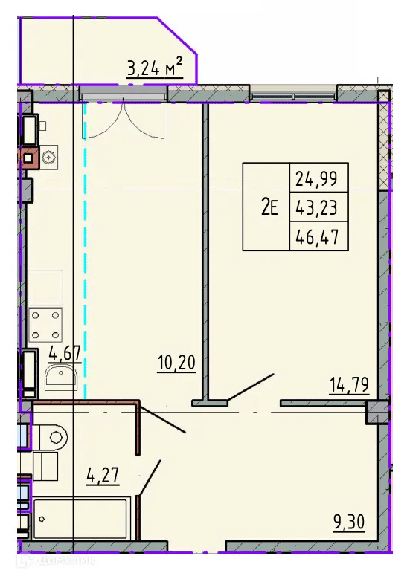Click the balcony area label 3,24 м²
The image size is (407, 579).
[x=155, y=69]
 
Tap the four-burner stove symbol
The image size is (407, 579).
[x=45, y=324]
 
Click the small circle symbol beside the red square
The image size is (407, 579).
[x=49, y=157]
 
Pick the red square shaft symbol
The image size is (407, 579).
[x=29, y=158]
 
